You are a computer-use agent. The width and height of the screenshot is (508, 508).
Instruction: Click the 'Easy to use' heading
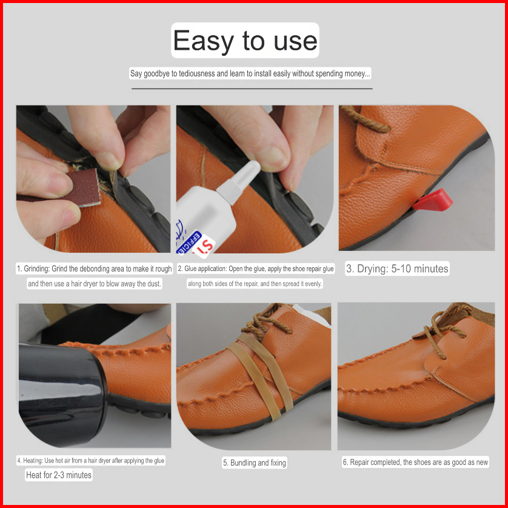click(x=245, y=40)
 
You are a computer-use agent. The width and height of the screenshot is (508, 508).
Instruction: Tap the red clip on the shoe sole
click(x=433, y=200)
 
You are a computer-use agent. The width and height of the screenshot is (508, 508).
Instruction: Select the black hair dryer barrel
click(x=62, y=395)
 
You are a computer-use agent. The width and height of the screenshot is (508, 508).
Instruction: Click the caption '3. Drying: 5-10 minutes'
click(x=397, y=269)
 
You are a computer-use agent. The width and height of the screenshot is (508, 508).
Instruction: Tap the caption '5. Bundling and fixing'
click(x=255, y=463)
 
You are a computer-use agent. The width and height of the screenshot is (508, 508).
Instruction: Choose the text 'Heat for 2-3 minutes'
click(x=59, y=475)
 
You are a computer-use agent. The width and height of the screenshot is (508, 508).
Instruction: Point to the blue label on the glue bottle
click(x=189, y=242)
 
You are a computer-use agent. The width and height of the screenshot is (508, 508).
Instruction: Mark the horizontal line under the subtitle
click(x=252, y=89)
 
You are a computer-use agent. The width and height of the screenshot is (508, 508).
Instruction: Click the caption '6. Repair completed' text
click(x=415, y=463)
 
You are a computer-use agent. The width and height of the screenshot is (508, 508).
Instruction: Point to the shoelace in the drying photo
click(x=364, y=119)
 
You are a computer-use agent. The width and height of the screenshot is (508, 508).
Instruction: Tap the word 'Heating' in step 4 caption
click(x=33, y=460)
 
